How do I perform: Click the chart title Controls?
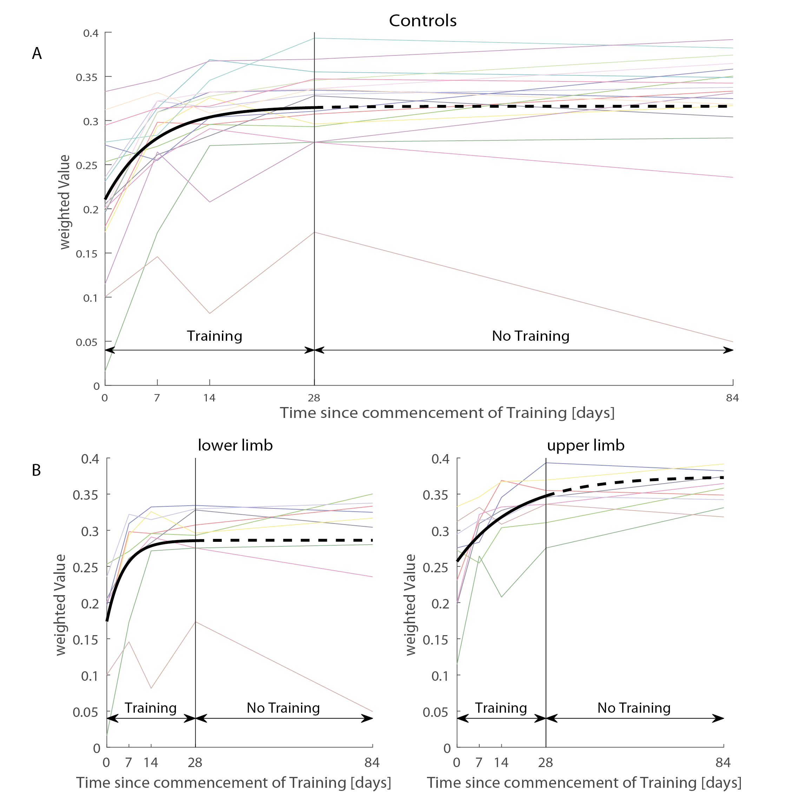pos(422,21)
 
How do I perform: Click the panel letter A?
pos(37,54)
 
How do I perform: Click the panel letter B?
pos(37,471)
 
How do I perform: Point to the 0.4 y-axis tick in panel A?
pos(91,33)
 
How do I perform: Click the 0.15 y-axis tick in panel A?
pos(87,254)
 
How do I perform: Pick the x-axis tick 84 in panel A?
pos(732,398)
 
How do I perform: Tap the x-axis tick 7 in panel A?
pos(157,398)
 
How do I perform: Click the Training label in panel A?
pos(215,336)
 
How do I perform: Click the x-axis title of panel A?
pos(447,413)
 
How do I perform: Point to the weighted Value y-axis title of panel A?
pos(65,202)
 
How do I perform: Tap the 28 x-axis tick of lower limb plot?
pos(195,763)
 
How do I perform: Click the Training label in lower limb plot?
pos(151,708)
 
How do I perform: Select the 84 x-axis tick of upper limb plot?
pos(723,763)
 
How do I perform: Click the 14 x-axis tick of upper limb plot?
pos(501,763)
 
